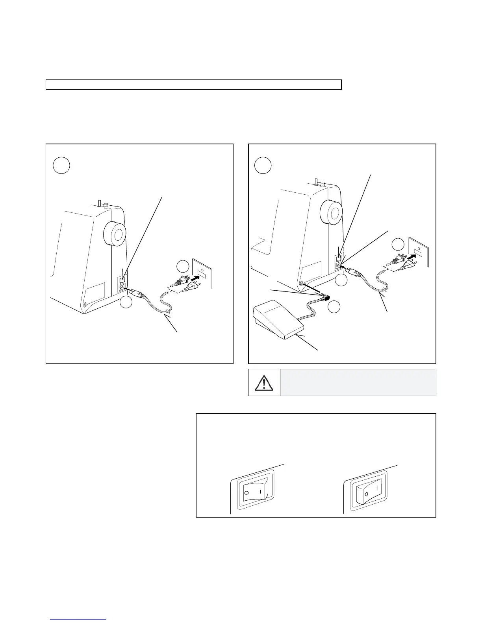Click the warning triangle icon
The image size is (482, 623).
[x=264, y=383]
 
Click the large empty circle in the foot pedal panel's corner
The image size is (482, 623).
[x=263, y=165]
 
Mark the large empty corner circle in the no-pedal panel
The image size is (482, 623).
[x=61, y=165]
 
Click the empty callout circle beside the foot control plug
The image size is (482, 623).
[x=334, y=307]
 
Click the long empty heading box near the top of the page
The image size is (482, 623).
[x=193, y=85]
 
